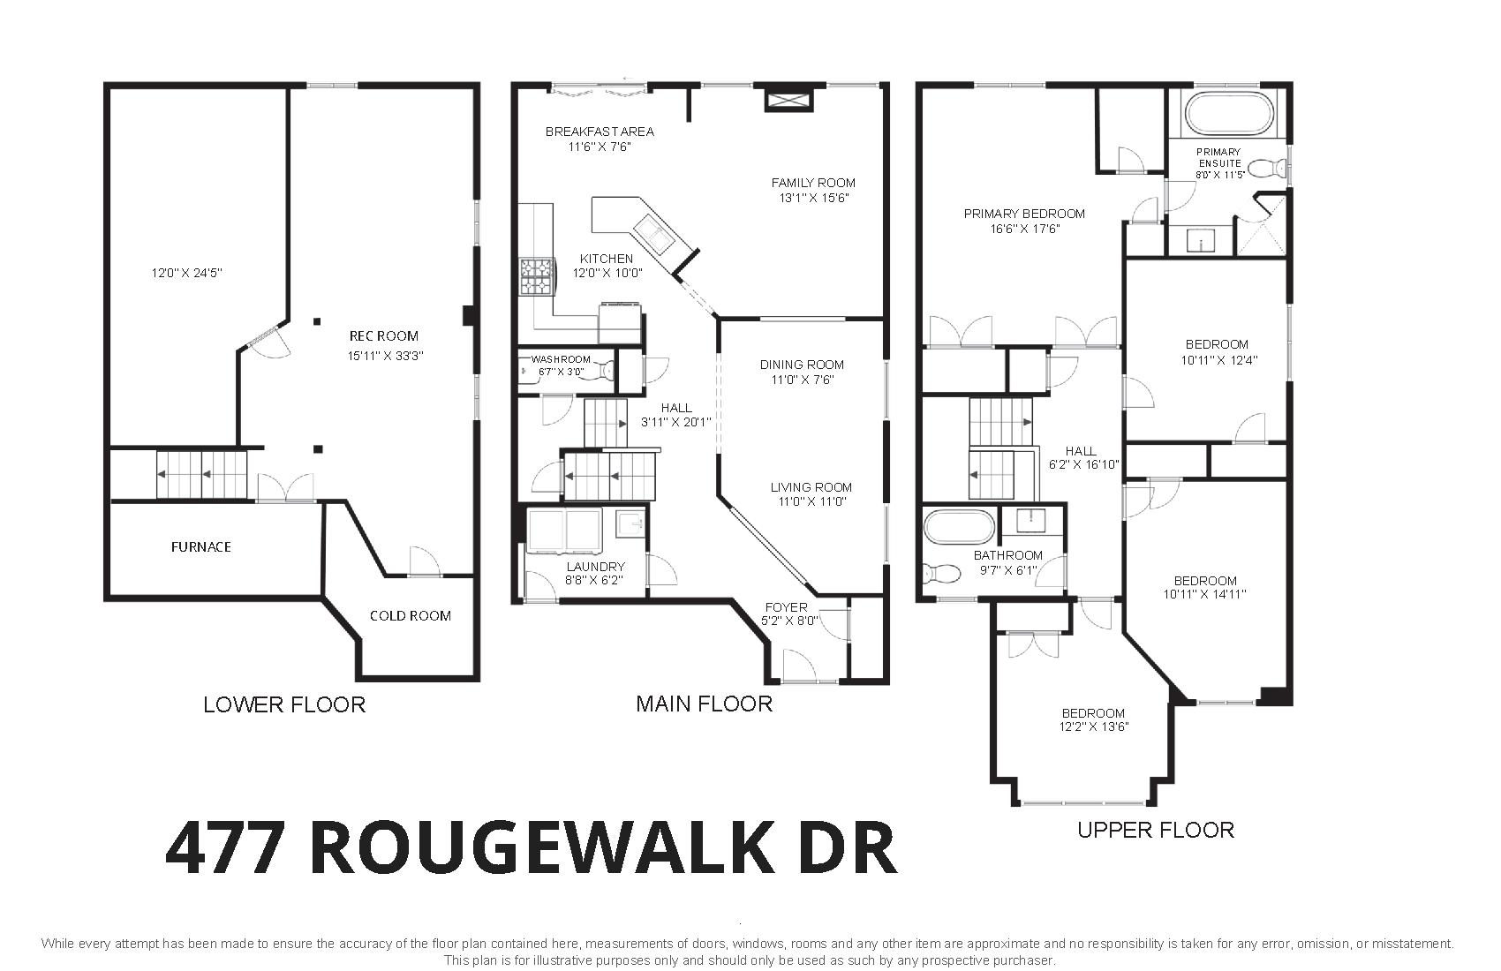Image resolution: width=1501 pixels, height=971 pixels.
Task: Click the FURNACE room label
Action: pos(201,546)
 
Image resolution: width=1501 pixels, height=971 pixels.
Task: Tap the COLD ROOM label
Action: pos(410,615)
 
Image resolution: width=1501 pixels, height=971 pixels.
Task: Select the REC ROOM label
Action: pos(383,335)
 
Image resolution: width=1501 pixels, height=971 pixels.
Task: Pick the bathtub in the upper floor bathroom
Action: pos(959,527)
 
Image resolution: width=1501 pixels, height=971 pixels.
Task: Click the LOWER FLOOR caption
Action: pos(284,704)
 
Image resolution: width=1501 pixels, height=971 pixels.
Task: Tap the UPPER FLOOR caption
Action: pos(1156,831)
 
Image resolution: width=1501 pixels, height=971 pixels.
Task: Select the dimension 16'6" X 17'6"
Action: pos(1024,230)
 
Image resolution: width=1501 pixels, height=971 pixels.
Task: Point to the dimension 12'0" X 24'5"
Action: pos(186,273)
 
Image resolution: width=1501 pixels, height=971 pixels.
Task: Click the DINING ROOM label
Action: pos(802,365)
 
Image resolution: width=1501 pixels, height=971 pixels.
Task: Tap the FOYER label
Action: pos(786,607)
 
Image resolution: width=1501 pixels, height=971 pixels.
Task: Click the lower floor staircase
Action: pos(201,474)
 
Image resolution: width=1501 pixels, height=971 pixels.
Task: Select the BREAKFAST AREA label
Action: pos(599,132)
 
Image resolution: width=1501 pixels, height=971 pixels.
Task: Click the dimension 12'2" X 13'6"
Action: pos(1094,726)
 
